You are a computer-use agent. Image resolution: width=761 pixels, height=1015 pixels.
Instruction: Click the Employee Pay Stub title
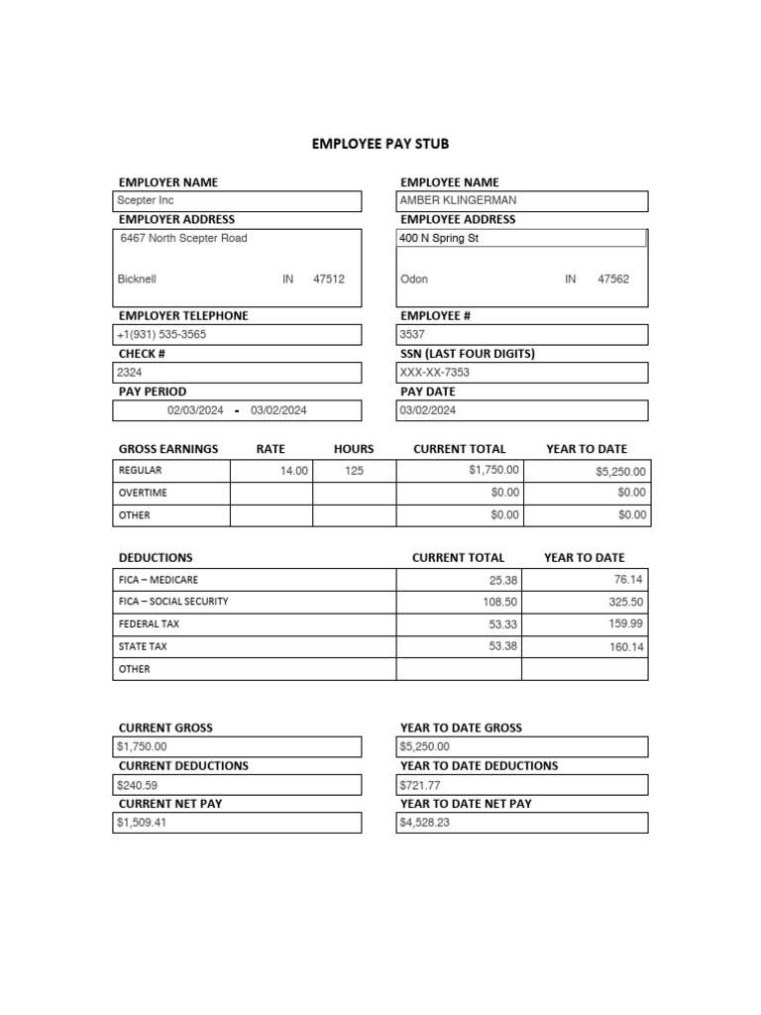380,144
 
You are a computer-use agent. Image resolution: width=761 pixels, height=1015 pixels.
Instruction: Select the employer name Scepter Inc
145,201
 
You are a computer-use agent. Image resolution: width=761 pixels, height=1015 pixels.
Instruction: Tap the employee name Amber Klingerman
458,200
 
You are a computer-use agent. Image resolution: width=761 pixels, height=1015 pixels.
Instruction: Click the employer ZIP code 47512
329,280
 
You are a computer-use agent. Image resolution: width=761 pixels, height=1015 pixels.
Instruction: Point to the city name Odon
414,280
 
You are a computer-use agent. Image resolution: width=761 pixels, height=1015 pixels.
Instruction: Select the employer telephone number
162,335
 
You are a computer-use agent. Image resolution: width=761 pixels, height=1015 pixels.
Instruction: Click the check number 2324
130,373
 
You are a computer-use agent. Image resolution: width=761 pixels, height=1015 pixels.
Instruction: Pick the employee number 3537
411,335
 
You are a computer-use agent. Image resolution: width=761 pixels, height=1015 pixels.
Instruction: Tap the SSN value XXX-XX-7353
434,373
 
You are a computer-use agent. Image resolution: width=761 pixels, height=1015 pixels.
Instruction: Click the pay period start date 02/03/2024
195,410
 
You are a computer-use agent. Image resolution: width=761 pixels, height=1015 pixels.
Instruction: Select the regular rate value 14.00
294,472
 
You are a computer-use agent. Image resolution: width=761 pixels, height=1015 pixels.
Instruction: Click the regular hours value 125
354,472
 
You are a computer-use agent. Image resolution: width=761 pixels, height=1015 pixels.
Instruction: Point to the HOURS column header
354,449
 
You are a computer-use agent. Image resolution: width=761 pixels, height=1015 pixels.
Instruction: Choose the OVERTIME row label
143,493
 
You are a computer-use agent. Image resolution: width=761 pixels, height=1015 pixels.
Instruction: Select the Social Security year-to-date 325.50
626,602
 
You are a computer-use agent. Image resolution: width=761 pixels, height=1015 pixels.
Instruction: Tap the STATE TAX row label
143,646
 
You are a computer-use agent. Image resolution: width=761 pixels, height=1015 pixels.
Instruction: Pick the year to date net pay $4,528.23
425,823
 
